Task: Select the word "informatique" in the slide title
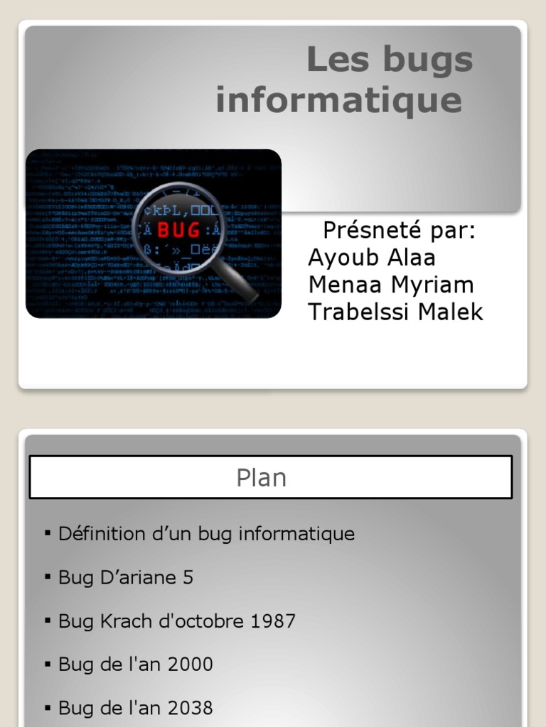point(338,100)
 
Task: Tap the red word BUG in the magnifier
point(178,230)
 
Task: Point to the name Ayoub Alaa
point(371,258)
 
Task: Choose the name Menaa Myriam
point(390,285)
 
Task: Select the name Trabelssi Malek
point(395,312)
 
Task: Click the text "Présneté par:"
point(399,231)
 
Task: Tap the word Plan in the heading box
point(262,478)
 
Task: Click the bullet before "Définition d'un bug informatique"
point(48,532)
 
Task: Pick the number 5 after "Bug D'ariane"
point(188,578)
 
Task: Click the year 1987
point(273,621)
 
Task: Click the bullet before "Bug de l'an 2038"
point(48,707)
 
